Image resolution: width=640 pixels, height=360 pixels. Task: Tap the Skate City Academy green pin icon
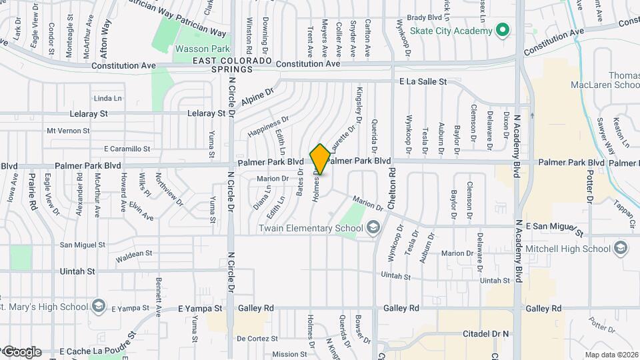click(x=503, y=30)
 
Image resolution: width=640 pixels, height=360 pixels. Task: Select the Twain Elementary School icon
click(x=373, y=229)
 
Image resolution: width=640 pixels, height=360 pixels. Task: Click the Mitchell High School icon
click(x=621, y=249)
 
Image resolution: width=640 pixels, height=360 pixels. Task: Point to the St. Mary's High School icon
click(x=99, y=307)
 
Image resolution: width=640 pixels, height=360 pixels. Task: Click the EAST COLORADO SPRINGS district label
click(x=232, y=65)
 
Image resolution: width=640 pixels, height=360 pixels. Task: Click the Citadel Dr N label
click(x=486, y=333)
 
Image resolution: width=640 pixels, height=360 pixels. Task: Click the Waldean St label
click(x=134, y=254)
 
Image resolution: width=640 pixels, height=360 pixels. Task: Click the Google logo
click(x=21, y=352)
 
